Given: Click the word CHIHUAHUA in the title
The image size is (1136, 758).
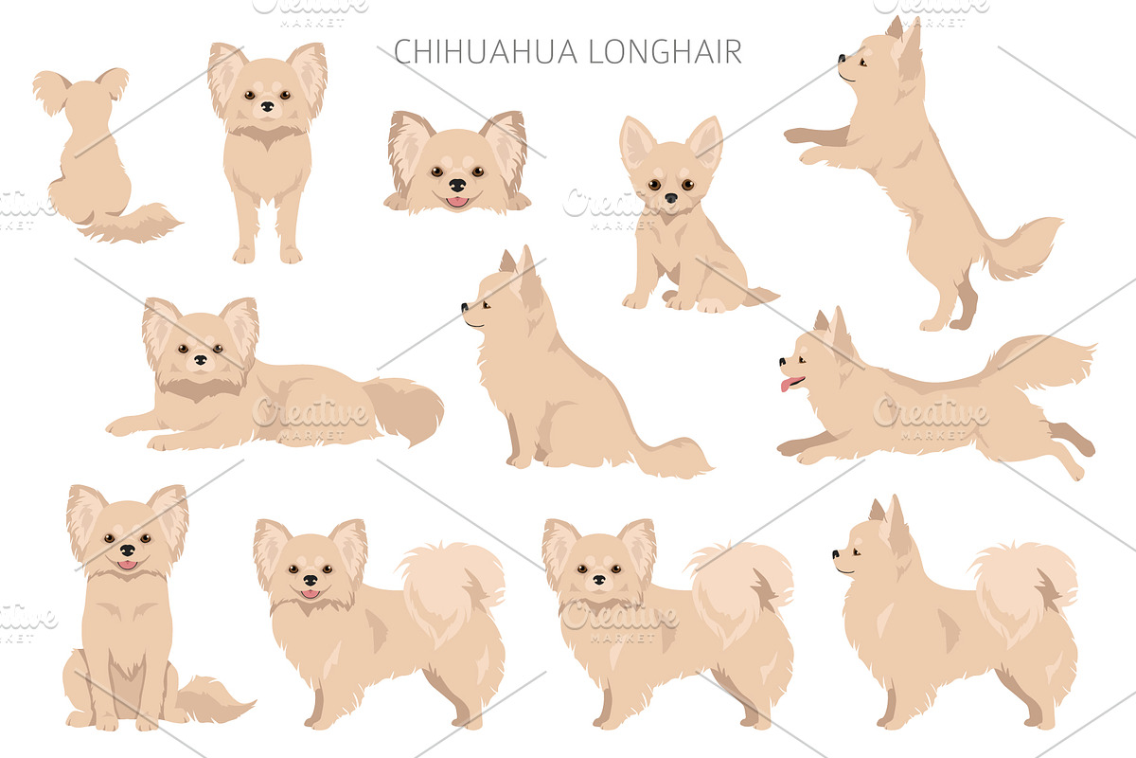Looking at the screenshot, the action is [x=486, y=51].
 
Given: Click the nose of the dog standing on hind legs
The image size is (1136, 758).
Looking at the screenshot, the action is [x=842, y=58].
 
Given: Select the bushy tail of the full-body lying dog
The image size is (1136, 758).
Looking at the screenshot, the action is [x=403, y=409].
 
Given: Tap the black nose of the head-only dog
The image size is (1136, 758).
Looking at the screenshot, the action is [x=457, y=185].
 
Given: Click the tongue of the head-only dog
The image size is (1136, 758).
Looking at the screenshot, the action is [x=457, y=202].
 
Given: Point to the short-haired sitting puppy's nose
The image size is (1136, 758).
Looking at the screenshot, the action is [x=671, y=198].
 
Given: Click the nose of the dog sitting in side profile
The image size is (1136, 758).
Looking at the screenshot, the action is [x=465, y=307].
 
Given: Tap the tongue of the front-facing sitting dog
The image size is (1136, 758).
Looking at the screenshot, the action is [x=127, y=565].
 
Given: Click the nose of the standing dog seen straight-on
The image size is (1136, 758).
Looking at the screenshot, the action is [x=267, y=106].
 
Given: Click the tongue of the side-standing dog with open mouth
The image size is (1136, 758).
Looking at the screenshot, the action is [x=310, y=593].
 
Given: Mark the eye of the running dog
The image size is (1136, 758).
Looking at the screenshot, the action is [x=802, y=360].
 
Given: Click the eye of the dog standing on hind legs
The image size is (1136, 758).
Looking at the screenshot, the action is [x=861, y=63].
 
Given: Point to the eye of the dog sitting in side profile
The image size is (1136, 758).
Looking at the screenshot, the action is [x=486, y=305].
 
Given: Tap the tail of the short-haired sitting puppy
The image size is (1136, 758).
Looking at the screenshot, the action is [x=760, y=295].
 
